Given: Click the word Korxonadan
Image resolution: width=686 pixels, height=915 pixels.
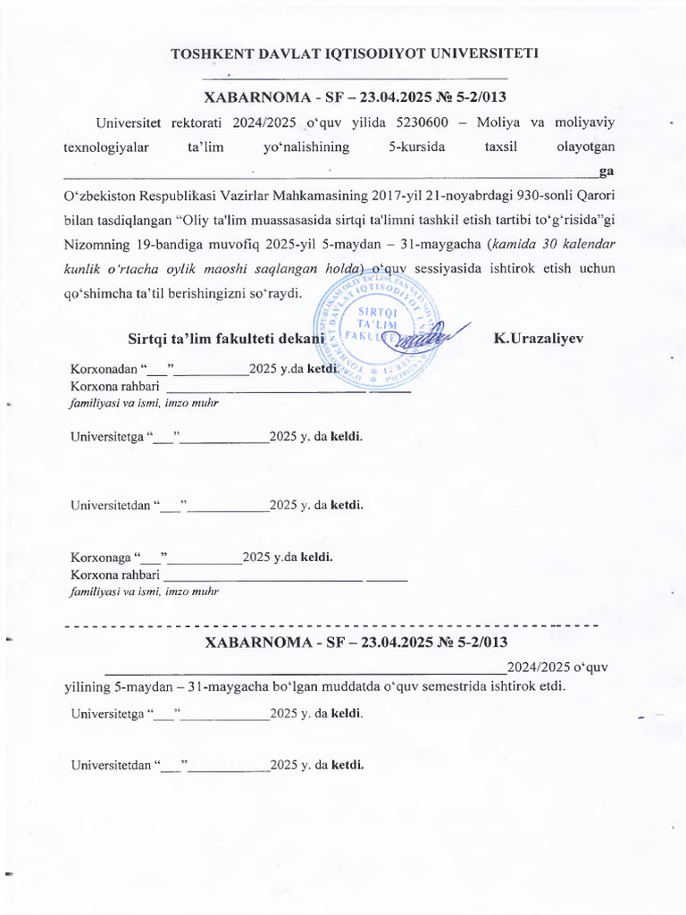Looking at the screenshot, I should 102,369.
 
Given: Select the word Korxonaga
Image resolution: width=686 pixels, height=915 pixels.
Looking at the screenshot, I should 100,558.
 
